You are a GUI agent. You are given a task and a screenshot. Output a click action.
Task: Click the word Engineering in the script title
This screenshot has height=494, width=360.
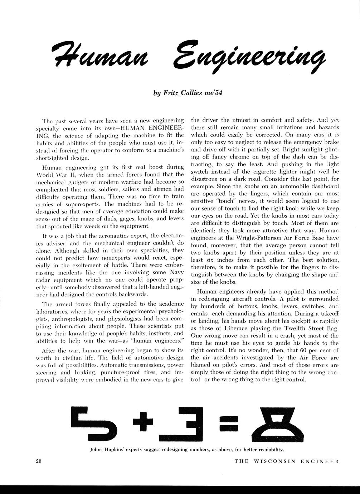(x=248, y=57)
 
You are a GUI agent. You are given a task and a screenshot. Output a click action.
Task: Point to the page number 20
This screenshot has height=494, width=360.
(x=39, y=461)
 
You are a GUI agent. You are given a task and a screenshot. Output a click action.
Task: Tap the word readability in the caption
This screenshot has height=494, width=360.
(x=269, y=449)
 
